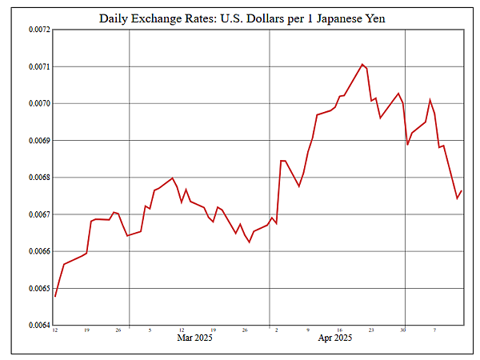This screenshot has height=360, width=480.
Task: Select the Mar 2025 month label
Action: [194, 338]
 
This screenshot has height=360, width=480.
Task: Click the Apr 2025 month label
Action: [335, 338]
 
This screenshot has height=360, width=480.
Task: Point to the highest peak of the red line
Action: [362, 64]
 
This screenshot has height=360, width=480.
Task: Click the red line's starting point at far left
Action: [55, 297]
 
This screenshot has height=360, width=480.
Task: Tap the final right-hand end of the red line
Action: [462, 190]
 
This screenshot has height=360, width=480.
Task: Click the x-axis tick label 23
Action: [371, 330]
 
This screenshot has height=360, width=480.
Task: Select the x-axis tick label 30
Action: [403, 330]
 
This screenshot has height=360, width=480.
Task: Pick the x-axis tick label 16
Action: [339, 330]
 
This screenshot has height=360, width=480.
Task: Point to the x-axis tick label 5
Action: [150, 330]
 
